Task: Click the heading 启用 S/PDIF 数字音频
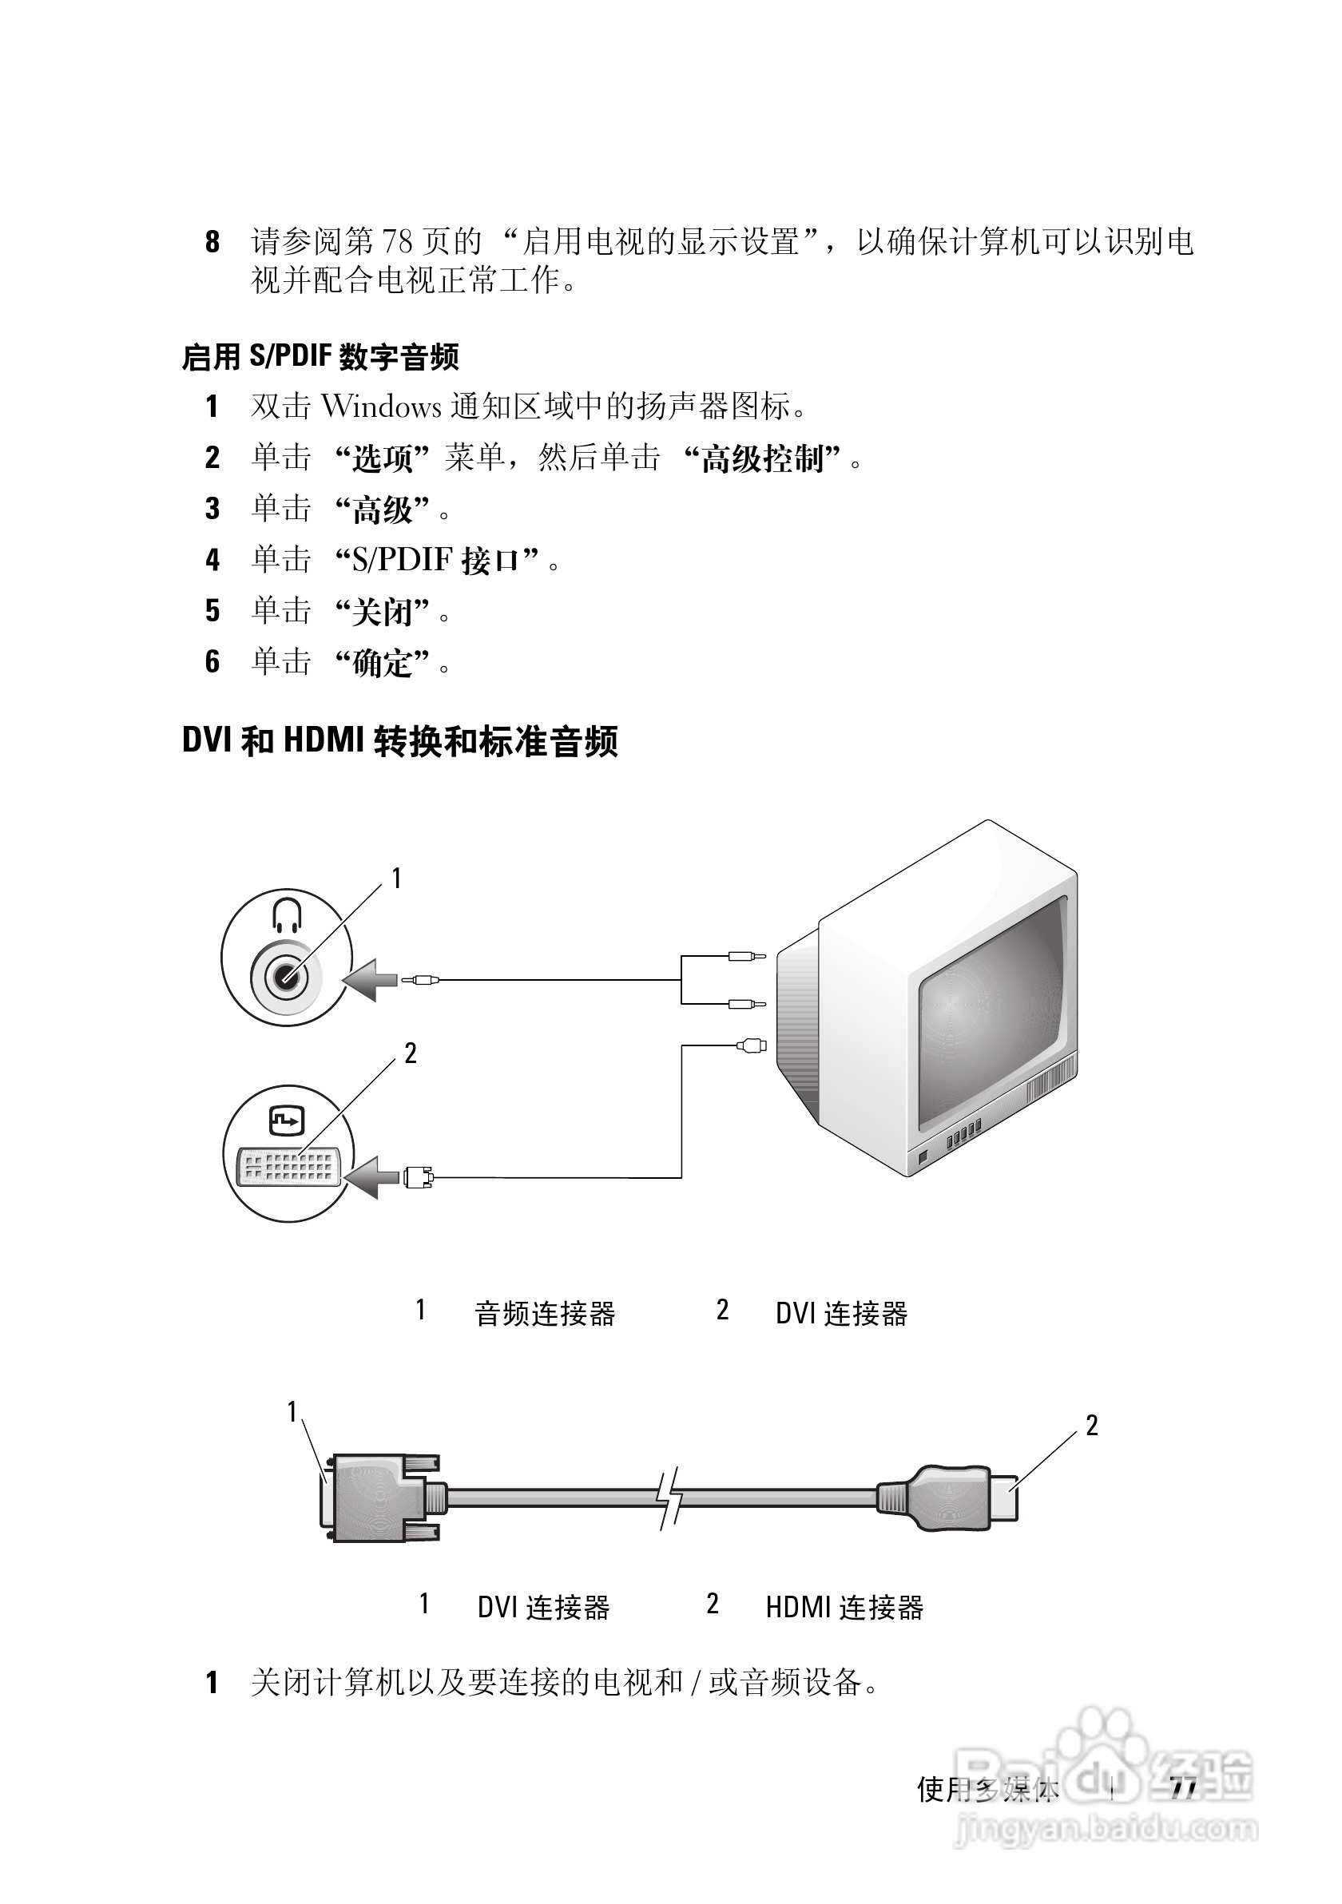[320, 358]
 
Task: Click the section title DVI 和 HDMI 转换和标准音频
[399, 740]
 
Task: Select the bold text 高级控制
[762, 458]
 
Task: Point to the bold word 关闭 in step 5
[383, 613]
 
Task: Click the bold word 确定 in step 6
[383, 664]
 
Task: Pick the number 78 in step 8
[396, 242]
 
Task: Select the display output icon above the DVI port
[287, 1121]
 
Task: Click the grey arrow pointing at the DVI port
[371, 1176]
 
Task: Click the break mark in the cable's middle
[669, 1497]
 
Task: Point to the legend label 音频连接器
[545, 1315]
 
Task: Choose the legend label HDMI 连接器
[844, 1608]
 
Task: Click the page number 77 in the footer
[1184, 1790]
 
